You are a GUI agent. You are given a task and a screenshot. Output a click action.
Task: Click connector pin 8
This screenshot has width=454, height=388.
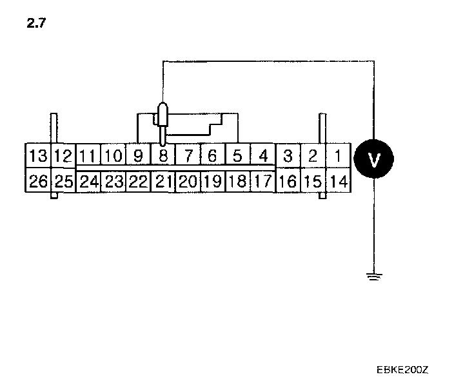pyautogui.click(x=163, y=156)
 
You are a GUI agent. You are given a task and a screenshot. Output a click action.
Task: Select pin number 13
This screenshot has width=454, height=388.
pyautogui.click(x=38, y=156)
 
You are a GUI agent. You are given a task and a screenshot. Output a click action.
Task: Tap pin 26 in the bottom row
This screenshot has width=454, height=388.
pyautogui.click(x=38, y=181)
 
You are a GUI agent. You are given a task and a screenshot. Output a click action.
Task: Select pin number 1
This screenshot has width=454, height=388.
pyautogui.click(x=337, y=156)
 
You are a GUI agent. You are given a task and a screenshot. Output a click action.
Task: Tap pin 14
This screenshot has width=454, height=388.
pyautogui.click(x=337, y=181)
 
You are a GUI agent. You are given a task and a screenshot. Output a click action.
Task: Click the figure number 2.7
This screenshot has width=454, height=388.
pyautogui.click(x=36, y=24)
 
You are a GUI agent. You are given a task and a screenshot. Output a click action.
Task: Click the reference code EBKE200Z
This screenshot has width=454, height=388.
pyautogui.click(x=403, y=370)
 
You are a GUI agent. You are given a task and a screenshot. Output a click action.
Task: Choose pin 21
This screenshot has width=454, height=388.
pyautogui.click(x=163, y=181)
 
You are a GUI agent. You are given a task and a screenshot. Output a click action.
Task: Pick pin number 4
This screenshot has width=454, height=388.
pyautogui.click(x=262, y=156)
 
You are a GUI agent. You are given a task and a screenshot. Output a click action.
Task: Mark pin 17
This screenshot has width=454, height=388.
pyautogui.click(x=262, y=181)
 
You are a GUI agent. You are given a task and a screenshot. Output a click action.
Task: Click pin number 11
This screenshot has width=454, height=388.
pyautogui.click(x=88, y=156)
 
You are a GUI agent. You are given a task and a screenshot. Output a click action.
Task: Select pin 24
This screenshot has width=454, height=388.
pyautogui.click(x=88, y=181)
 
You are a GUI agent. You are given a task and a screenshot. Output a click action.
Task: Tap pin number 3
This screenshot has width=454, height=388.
pyautogui.click(x=288, y=156)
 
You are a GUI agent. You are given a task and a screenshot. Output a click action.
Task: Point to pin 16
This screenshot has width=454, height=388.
pyautogui.click(x=288, y=181)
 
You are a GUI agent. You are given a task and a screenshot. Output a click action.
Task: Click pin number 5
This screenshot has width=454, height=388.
pyautogui.click(x=237, y=156)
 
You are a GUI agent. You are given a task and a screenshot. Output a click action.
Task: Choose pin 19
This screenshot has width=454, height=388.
pyautogui.click(x=212, y=181)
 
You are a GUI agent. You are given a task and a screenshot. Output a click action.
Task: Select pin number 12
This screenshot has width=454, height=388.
pyautogui.click(x=63, y=156)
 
